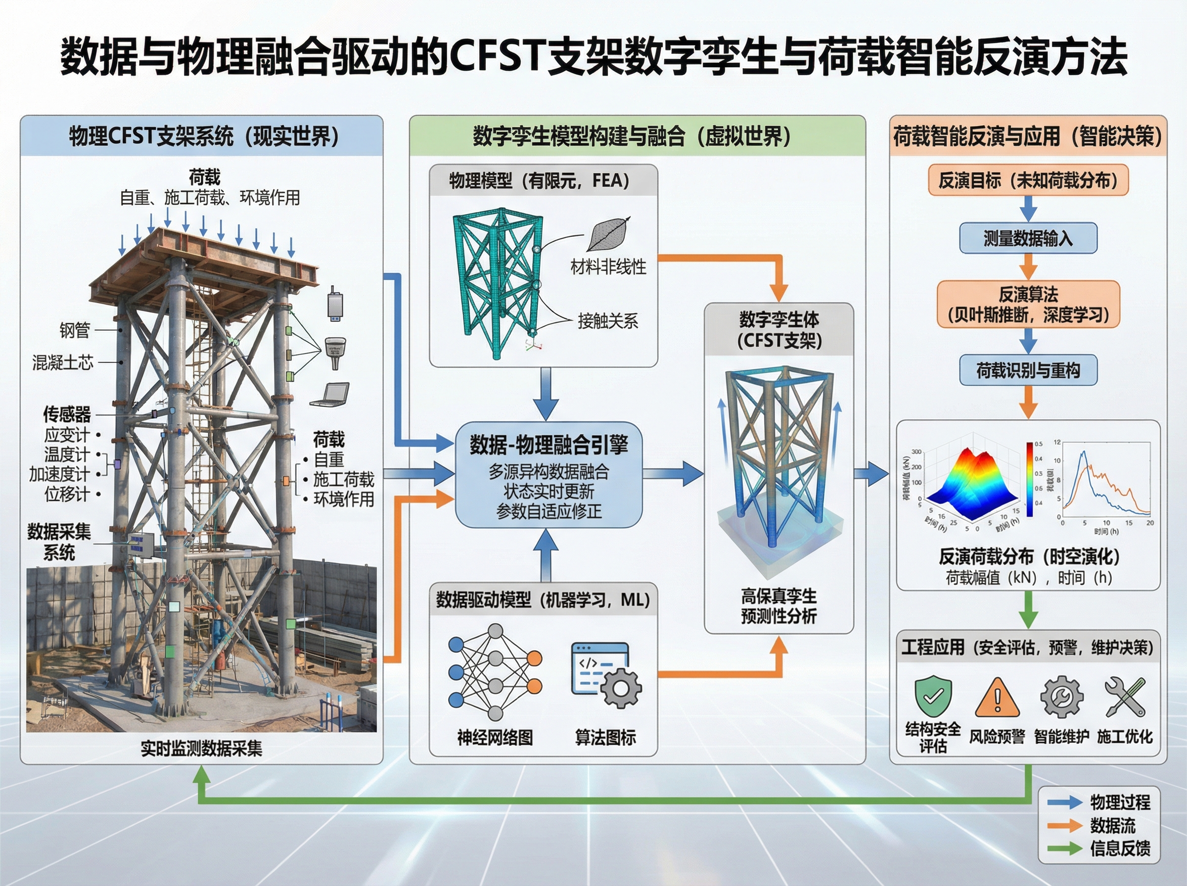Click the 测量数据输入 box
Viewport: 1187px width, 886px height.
pyautogui.click(x=1028, y=238)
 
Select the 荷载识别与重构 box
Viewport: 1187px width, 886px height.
pyautogui.click(x=1028, y=370)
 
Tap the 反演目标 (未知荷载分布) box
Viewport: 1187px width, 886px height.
pyautogui.click(x=1028, y=180)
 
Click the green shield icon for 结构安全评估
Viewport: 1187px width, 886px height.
pyautogui.click(x=933, y=696)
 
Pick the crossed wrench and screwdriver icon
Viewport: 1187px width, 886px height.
pyautogui.click(x=1125, y=697)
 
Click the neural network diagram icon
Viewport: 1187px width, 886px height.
pyautogui.click(x=495, y=671)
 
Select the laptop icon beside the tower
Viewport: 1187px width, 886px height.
pyautogui.click(x=330, y=395)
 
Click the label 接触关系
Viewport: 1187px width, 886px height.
pyautogui.click(x=608, y=321)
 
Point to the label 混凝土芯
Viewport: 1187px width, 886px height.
pyautogui.click(x=63, y=363)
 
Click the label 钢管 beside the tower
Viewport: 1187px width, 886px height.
pyautogui.click(x=75, y=330)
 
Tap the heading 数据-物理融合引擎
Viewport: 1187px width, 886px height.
pyautogui.click(x=548, y=444)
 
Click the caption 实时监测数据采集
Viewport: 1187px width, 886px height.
pyautogui.click(x=201, y=748)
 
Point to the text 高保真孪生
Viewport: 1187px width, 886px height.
pyautogui.click(x=778, y=596)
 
